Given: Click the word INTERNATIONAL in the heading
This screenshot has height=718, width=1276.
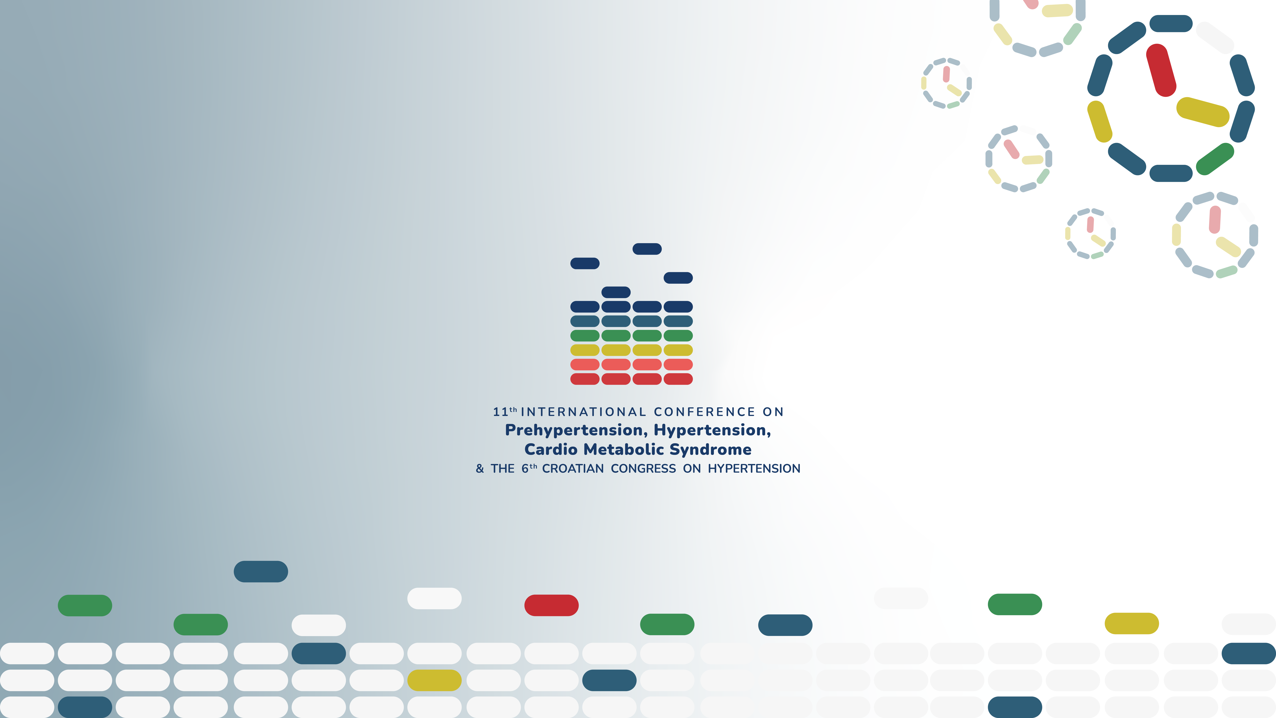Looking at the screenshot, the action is pos(583,412).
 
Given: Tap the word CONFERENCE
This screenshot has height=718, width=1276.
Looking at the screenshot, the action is pos(704,412).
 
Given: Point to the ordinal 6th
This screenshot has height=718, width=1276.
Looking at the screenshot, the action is pos(529,468).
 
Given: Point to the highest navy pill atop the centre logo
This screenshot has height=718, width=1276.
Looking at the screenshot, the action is pos(647,249).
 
